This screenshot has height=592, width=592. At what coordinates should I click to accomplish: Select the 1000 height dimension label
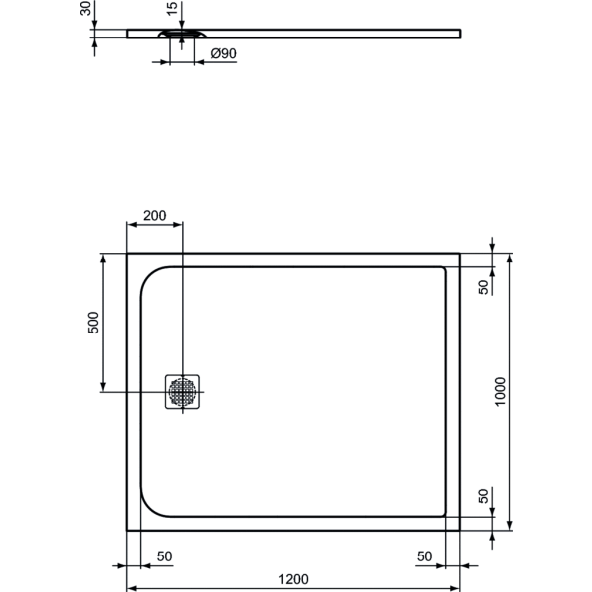click(x=500, y=391)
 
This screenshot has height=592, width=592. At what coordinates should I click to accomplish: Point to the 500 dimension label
click(x=92, y=324)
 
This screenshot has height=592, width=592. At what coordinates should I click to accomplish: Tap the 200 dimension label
click(x=155, y=216)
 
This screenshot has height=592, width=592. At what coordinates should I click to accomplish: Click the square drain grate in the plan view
click(x=184, y=392)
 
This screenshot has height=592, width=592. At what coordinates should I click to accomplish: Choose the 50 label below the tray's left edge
click(x=164, y=556)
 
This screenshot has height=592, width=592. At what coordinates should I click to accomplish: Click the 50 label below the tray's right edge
click(x=425, y=556)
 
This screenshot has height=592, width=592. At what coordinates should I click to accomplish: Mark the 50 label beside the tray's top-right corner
click(x=483, y=286)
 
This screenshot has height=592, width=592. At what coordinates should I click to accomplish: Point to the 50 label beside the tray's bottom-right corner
click(x=483, y=496)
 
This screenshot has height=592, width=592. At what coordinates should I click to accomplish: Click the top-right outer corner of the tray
click(x=460, y=254)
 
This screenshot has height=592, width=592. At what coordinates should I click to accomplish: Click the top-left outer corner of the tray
click(x=128, y=254)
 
